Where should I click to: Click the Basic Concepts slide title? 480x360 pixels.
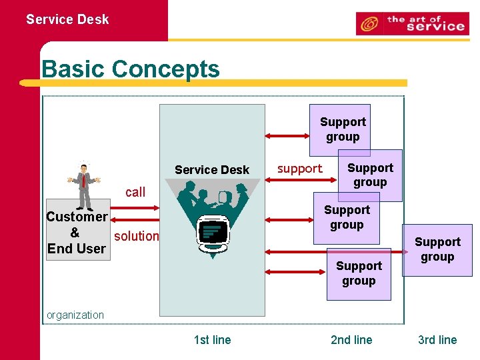(131, 69)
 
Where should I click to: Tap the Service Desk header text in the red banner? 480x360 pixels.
(67, 19)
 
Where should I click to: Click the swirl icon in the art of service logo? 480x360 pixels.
(368, 24)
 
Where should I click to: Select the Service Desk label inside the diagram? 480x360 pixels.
(212, 170)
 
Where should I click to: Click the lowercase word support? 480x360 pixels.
(299, 169)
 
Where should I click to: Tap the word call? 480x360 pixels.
(135, 192)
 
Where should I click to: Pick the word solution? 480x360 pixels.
(137, 236)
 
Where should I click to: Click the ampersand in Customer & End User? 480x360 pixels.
(75, 233)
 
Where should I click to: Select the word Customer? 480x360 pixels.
(77, 217)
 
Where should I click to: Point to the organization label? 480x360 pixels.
(75, 315)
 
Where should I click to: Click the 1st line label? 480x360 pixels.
(212, 340)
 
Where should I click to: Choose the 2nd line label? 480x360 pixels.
(351, 340)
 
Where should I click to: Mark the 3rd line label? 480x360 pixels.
(437, 340)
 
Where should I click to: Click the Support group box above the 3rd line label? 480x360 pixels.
(437, 250)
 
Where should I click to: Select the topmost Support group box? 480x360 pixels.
(343, 129)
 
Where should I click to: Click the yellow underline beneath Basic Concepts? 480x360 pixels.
(213, 83)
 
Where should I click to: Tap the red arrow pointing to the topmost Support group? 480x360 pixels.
(287, 136)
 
